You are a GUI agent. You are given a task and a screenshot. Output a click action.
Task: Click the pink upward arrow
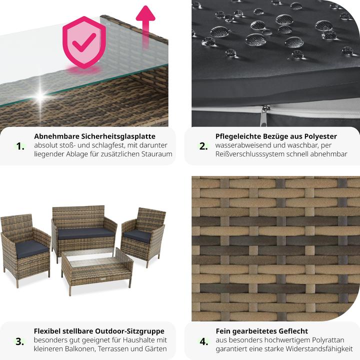click(x=145, y=23)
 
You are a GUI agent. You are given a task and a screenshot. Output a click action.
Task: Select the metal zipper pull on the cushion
click(x=263, y=115)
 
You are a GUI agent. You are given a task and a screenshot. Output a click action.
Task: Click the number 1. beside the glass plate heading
click(x=20, y=146)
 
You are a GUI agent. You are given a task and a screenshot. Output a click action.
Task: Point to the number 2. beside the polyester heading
click(x=203, y=146)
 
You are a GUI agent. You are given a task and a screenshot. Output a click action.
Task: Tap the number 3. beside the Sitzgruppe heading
click(x=19, y=341)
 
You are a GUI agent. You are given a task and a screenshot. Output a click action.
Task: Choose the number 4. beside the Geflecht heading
click(x=204, y=341)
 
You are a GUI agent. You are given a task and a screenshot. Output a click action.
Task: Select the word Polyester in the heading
click(x=320, y=136)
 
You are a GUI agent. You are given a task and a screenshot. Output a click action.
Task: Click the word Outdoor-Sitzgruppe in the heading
click(x=129, y=331)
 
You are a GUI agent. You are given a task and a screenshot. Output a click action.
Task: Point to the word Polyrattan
click(x=324, y=340)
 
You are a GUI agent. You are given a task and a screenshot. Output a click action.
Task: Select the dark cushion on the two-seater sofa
click(x=85, y=233)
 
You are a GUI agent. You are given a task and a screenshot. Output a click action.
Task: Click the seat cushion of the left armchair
click(x=31, y=249)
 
